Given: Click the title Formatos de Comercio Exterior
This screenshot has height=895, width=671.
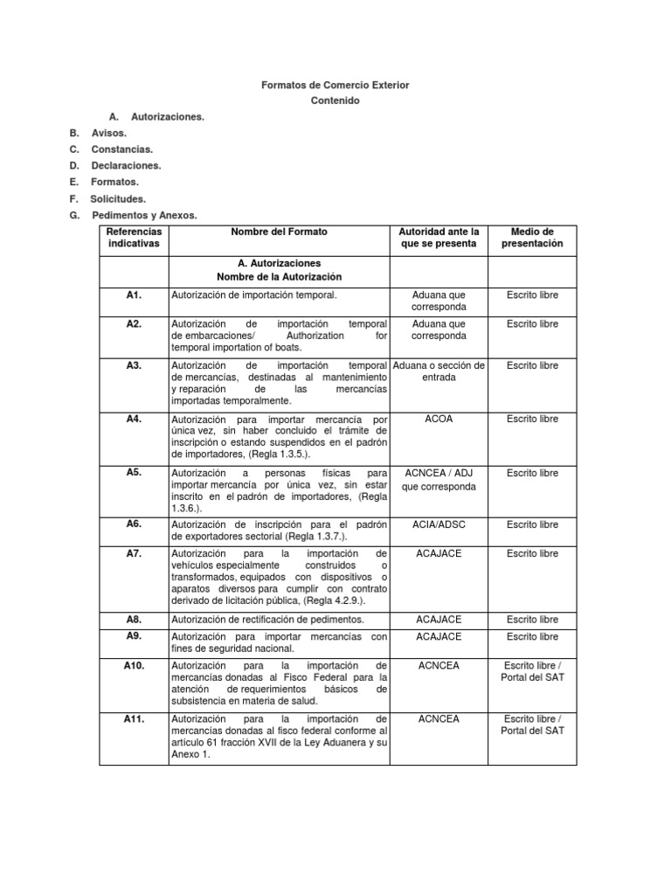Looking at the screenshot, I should [x=335, y=85].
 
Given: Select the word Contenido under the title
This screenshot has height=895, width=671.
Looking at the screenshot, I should [x=335, y=101].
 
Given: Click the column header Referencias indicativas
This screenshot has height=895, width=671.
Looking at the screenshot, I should [x=134, y=237].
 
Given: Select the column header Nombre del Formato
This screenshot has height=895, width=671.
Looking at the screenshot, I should [x=279, y=232].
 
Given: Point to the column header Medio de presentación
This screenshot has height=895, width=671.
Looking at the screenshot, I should [x=532, y=237].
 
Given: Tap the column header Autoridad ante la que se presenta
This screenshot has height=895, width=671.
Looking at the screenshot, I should [x=439, y=237].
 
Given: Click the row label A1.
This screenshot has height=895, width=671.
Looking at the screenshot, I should [x=134, y=295].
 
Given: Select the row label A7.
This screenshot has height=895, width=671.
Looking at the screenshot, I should [x=134, y=554].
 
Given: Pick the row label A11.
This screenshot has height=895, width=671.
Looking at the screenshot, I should [x=134, y=718].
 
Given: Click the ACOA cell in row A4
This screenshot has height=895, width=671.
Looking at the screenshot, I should [x=439, y=419].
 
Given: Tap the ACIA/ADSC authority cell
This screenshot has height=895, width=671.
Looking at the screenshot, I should [x=439, y=524].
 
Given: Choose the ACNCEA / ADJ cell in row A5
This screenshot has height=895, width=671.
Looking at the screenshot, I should [x=439, y=479].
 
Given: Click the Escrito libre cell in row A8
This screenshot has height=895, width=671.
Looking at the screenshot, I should [x=532, y=619].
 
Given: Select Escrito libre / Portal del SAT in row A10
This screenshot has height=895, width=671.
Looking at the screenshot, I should [x=532, y=671].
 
